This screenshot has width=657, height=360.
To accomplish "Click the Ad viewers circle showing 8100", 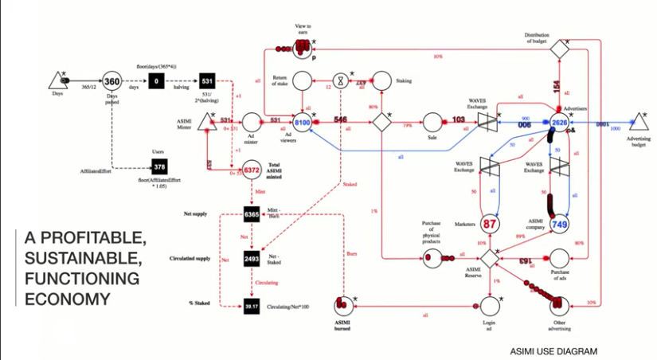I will [x=303, y=123].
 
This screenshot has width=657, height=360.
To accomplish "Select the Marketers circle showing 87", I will [x=490, y=224].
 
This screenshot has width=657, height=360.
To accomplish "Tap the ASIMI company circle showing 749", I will [x=560, y=225].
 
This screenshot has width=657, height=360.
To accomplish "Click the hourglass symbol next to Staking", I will [x=341, y=80].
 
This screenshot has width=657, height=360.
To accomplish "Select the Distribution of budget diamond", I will [x=561, y=48].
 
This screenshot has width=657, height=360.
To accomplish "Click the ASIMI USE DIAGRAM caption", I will [x=553, y=350].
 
